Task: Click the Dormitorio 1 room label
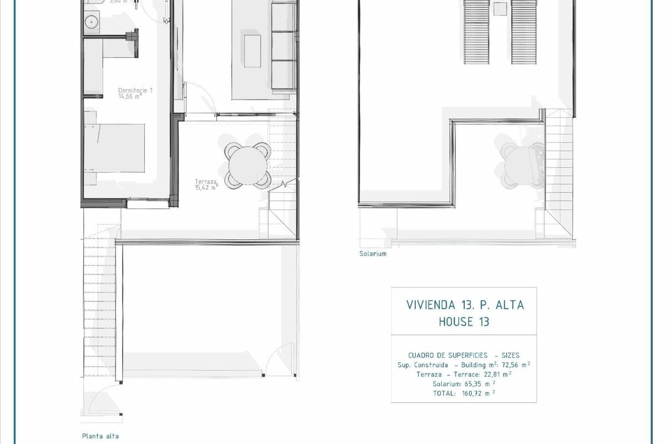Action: tap(135, 90)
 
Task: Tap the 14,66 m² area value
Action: tap(131, 96)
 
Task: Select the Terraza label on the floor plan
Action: tap(205, 181)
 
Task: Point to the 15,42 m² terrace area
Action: tap(206, 188)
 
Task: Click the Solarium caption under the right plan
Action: tap(373, 254)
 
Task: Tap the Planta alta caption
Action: tap(100, 436)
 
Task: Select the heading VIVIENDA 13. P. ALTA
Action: tap(465, 305)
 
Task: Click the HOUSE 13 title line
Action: tap(464, 321)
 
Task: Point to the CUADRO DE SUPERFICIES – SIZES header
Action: tap(463, 355)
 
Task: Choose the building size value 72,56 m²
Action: tap(511, 365)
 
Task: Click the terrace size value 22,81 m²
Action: tap(495, 374)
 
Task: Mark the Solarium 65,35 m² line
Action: tap(463, 384)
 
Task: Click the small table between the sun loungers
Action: tap(500, 9)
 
